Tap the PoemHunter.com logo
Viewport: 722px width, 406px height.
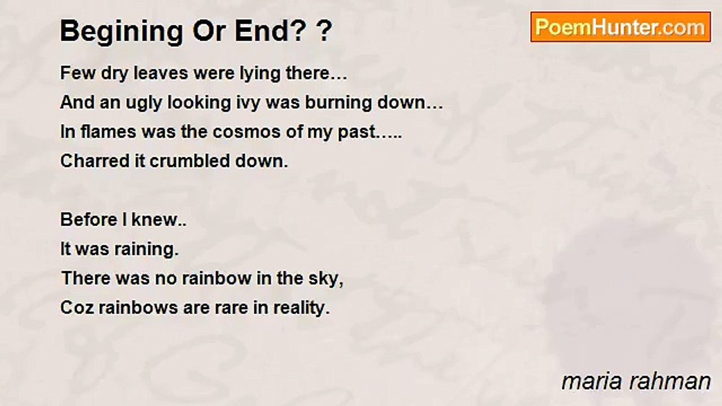pos(620,27)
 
